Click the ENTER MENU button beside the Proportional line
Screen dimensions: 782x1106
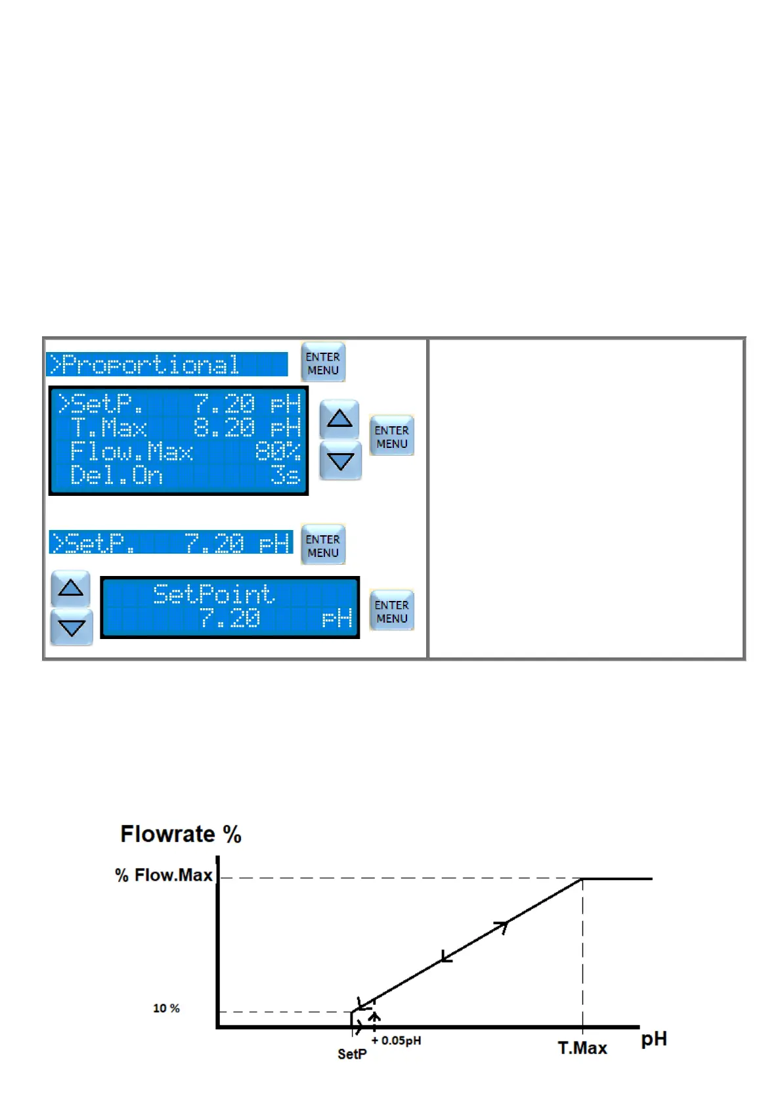[x=322, y=363]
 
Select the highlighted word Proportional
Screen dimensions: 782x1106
[x=150, y=365]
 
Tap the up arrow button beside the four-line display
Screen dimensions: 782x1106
[x=339, y=418]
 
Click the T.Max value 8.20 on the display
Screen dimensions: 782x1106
[x=224, y=428]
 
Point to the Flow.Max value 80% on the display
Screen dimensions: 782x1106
[x=278, y=452]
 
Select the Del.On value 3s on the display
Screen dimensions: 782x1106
[x=286, y=475]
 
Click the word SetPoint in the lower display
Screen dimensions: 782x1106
[x=213, y=594]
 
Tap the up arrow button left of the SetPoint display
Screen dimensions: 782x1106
[x=71, y=588]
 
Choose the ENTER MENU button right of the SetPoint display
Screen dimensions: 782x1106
[x=391, y=611]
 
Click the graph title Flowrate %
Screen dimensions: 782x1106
[x=181, y=834]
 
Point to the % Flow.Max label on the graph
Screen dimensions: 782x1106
[x=163, y=875]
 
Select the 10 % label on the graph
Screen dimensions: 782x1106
[x=166, y=1008]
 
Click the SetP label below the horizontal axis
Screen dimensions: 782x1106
[x=352, y=1053]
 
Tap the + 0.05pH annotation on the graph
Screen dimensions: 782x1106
[x=397, y=1040]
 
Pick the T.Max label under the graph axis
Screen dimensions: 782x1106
[x=582, y=1048]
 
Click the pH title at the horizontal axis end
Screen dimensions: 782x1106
[x=653, y=1039]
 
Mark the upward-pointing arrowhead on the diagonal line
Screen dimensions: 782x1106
[x=502, y=927]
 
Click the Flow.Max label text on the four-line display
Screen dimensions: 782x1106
[x=131, y=452]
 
